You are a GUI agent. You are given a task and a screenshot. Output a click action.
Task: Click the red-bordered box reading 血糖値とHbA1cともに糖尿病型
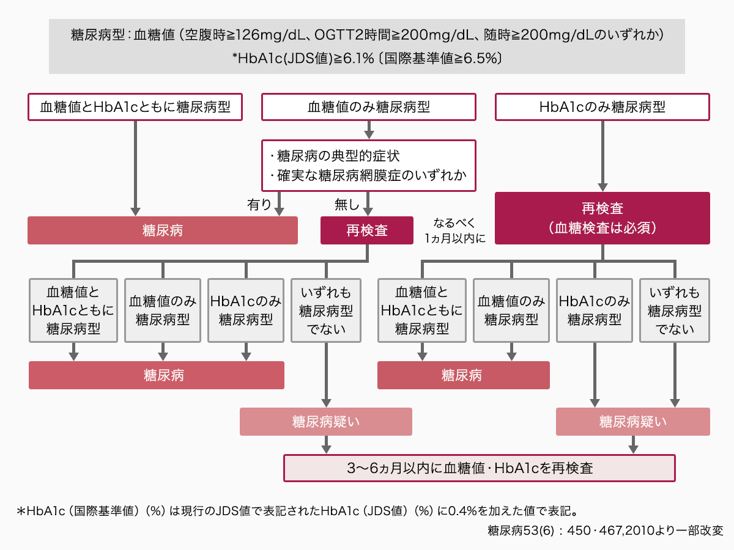135,107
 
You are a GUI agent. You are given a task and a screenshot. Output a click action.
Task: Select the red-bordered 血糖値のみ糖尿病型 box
368,107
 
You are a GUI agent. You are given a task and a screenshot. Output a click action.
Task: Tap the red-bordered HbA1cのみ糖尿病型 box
602,107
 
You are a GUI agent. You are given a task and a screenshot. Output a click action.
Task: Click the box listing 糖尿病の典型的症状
368,166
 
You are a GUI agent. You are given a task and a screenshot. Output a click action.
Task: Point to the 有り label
259,204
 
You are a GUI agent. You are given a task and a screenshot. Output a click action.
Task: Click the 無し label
347,204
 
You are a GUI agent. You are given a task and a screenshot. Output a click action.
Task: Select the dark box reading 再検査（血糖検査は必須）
602,218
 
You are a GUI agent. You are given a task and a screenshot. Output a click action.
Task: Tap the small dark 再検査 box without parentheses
367,230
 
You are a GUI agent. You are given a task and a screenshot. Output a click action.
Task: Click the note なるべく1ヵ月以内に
454,230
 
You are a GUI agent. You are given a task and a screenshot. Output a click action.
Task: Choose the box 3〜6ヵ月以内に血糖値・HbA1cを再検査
479,468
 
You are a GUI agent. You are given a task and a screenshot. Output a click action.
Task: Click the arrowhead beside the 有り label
279,211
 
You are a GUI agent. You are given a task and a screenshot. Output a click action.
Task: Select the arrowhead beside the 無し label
368,211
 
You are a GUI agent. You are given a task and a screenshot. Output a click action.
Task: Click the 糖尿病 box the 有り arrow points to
163,230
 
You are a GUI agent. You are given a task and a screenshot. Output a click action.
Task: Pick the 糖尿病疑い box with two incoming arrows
632,422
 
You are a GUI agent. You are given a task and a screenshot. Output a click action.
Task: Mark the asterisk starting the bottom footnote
21,512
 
